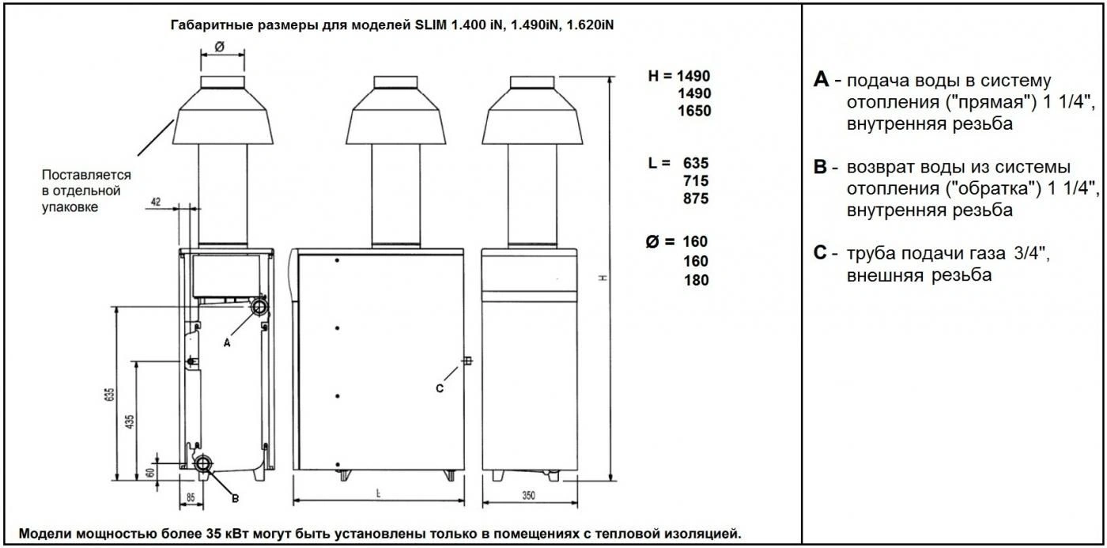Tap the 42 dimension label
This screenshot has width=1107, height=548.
(156, 203)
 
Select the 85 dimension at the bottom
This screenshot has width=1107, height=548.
(191, 498)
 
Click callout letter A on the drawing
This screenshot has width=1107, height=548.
(227, 343)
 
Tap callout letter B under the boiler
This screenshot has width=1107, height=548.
(235, 497)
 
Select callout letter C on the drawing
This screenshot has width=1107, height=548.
(440, 388)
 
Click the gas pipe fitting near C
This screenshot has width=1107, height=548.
(467, 361)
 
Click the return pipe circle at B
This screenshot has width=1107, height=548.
(205, 464)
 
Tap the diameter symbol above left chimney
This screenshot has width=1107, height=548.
(219, 47)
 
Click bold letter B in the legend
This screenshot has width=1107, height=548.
(821, 168)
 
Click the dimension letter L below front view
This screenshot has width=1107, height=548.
(380, 493)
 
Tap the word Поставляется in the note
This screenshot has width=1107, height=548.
(86, 175)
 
